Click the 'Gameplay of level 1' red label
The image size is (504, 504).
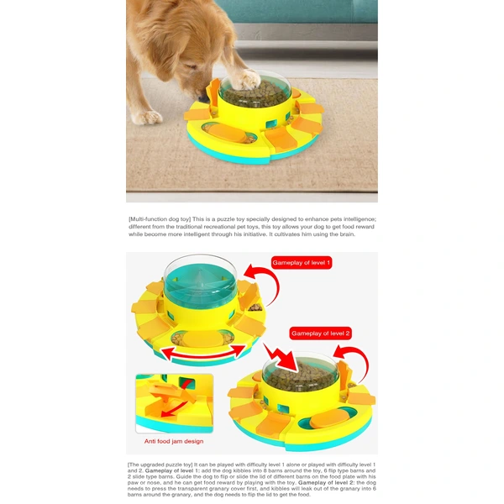(x=301, y=263)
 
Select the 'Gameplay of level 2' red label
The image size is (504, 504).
(x=319, y=333)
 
